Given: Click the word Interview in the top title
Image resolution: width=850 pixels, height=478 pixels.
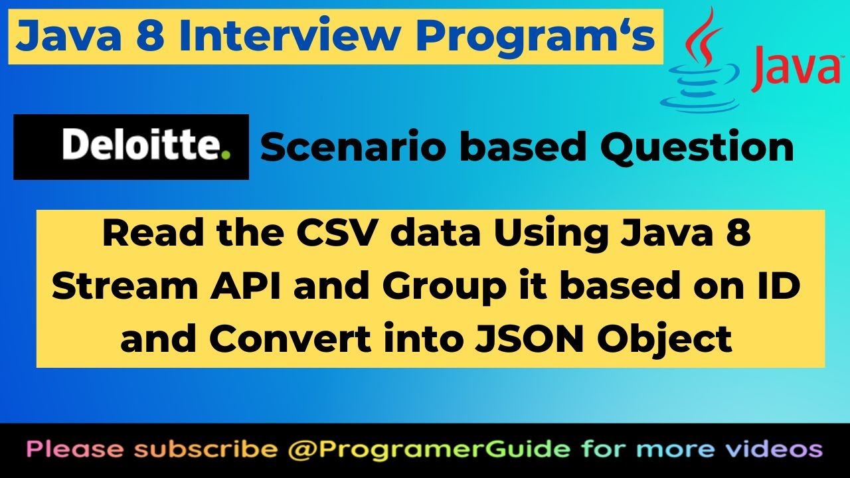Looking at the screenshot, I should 270,37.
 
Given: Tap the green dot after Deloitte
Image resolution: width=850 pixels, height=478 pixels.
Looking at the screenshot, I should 226,156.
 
